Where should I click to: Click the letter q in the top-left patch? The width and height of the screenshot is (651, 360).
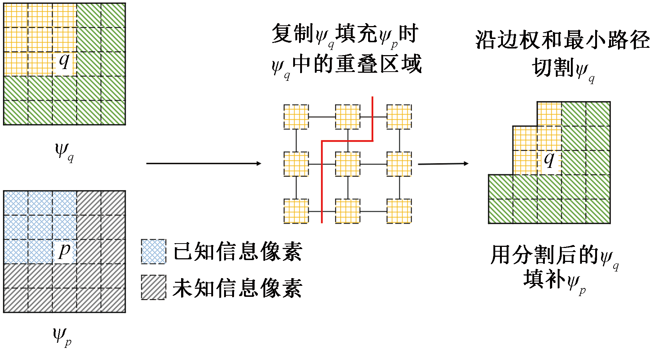coord(64,61)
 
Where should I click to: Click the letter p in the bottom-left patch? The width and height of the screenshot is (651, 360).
coord(64,251)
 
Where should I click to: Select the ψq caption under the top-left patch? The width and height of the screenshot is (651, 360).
coord(64,151)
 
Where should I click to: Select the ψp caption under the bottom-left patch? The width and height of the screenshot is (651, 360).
coord(62,336)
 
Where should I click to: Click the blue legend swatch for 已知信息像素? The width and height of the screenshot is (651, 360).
coord(153,252)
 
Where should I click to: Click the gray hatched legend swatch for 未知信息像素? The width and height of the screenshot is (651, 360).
coord(153,287)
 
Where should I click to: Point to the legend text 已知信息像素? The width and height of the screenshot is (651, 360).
coord(237,252)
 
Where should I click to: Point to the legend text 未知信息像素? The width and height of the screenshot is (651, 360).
coord(237,288)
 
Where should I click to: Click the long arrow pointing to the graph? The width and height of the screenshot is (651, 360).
coord(204,163)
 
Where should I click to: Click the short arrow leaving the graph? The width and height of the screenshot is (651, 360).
coord(443,163)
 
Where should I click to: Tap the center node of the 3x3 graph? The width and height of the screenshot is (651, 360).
coord(348,164)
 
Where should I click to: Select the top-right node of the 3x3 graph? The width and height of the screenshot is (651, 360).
coord(399,117)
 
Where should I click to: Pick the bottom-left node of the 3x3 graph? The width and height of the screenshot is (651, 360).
coord(296,211)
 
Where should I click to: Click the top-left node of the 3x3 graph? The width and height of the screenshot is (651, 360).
coord(296,117)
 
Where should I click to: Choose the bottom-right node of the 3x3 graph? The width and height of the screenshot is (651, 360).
coord(399,211)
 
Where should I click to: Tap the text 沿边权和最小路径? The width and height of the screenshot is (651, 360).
coord(562,40)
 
